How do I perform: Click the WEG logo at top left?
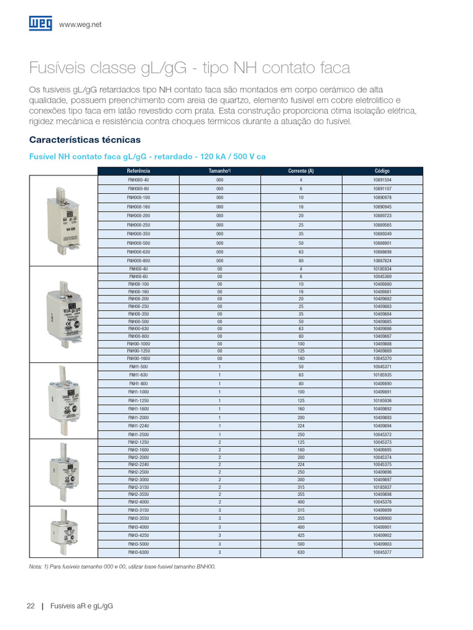(40, 23)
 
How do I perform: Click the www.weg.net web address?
(80, 24)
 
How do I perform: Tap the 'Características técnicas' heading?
(85, 140)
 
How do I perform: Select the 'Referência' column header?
(139, 170)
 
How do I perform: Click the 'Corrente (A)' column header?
(301, 170)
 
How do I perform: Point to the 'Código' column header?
(382, 170)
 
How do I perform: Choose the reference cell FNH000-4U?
(139, 179)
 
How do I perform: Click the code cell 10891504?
(382, 179)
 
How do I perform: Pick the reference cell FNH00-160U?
(139, 358)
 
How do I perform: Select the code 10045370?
(382, 358)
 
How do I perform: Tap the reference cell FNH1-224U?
(139, 426)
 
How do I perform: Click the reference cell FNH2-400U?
(139, 502)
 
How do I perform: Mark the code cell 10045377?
(382, 553)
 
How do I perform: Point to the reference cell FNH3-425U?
(139, 536)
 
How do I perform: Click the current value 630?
(301, 553)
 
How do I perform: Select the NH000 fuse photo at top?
(64, 220)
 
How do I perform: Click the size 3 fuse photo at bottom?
(64, 533)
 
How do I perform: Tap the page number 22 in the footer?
(31, 606)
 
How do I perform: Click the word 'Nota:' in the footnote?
(36, 566)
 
